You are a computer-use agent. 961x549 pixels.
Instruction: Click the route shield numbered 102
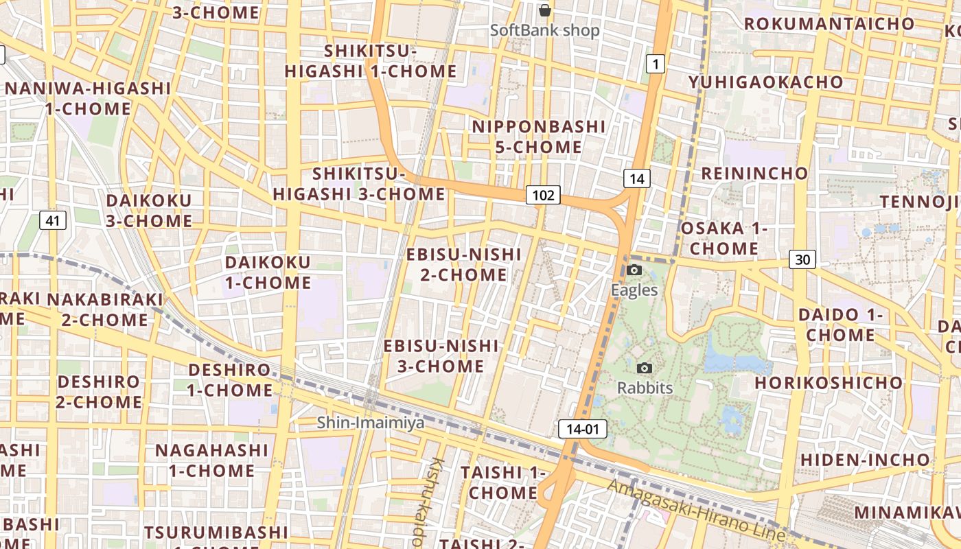[543, 195]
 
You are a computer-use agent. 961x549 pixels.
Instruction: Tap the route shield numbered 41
[53, 220]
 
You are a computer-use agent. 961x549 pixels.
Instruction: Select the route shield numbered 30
[802, 259]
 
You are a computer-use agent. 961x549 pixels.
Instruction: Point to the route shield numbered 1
[656, 65]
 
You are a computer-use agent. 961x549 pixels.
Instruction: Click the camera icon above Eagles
[634, 270]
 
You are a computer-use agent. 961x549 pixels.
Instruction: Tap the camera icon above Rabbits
[644, 368]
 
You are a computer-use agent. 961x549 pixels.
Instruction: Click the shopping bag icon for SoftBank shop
[545, 10]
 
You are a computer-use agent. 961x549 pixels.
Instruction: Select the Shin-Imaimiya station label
[371, 423]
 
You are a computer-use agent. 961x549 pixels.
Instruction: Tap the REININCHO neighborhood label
[754, 173]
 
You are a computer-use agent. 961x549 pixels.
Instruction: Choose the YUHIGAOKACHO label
[766, 82]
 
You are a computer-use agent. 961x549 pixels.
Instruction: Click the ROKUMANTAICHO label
[829, 23]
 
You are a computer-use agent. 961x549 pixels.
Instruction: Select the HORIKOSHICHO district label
[829, 382]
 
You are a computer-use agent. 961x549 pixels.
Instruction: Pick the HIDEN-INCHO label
[865, 459]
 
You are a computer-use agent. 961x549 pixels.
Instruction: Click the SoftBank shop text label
[545, 30]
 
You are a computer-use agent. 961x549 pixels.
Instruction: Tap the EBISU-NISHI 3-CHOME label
[441, 355]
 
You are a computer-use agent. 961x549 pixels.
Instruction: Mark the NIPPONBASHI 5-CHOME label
[539, 137]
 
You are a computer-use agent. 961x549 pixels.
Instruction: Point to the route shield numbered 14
[636, 179]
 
